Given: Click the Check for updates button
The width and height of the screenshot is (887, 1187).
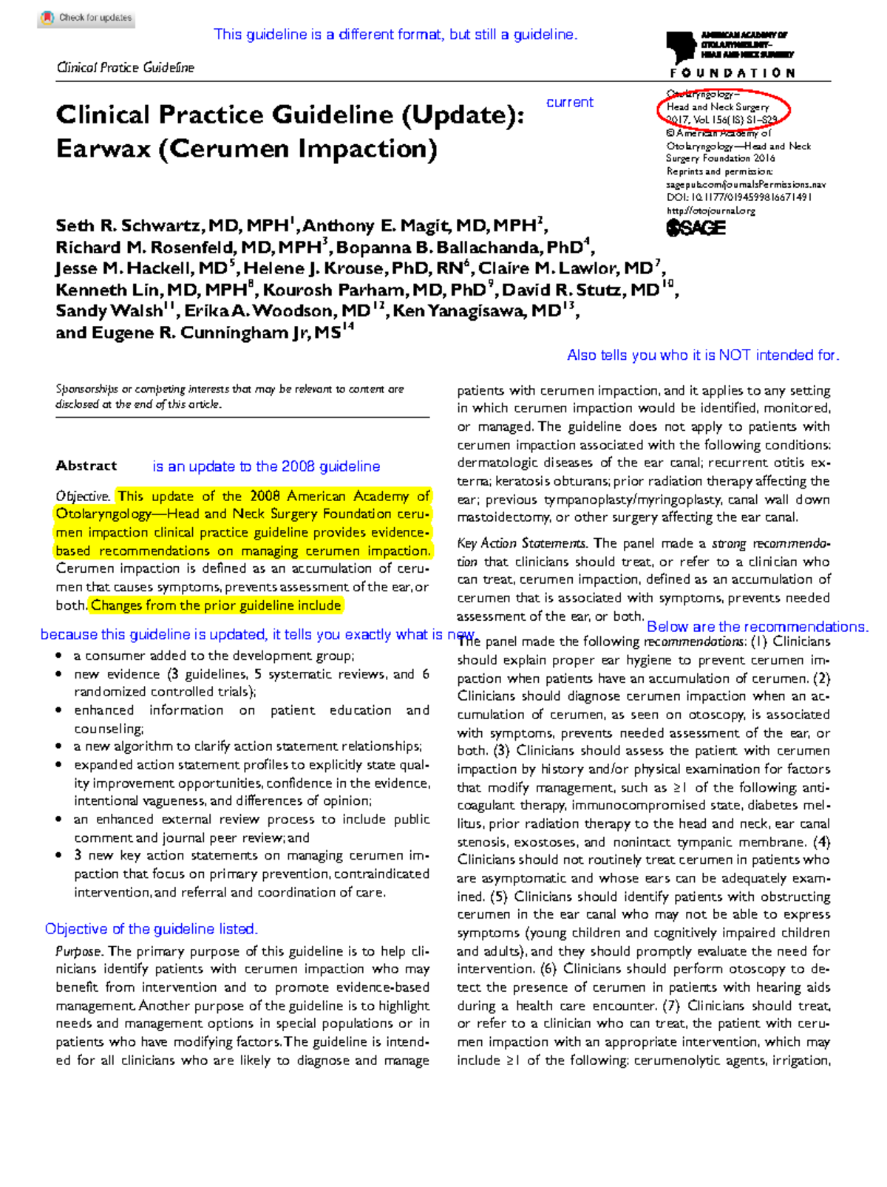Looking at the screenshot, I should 86,18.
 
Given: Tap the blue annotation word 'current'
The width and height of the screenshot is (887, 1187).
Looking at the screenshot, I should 569,102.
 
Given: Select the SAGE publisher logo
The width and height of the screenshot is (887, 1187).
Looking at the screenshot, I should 696,228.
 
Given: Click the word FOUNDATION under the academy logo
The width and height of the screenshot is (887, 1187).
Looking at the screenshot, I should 733,72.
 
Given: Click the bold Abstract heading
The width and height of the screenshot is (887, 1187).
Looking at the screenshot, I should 86,466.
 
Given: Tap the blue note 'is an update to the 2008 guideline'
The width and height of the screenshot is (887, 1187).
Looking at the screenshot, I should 266,466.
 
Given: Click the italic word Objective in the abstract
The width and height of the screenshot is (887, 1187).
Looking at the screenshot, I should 82,497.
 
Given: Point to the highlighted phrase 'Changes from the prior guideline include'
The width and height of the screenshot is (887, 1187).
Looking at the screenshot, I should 216,605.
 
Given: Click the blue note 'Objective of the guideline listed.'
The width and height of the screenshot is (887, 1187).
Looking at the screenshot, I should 151,929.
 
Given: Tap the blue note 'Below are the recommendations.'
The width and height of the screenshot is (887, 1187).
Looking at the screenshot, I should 757,627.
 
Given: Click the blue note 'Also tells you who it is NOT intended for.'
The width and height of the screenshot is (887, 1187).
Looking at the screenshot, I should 702,355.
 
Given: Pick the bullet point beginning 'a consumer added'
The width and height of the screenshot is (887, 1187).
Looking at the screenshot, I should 213,656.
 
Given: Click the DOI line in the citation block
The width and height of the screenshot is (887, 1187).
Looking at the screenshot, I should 738,197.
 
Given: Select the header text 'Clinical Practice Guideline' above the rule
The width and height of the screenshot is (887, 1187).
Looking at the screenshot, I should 125,67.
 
